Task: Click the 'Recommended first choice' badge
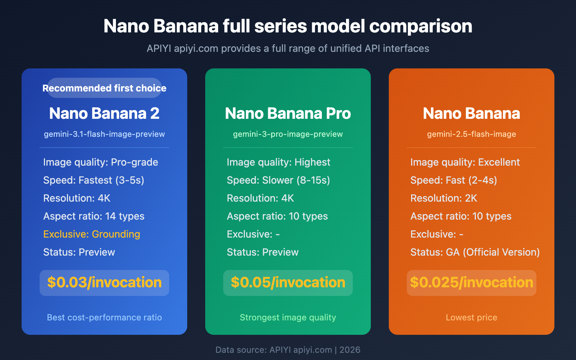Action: pos(104,88)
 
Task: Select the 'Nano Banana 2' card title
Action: pos(104,113)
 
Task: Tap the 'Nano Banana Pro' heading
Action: pos(288,113)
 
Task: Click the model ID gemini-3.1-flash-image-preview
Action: pos(104,134)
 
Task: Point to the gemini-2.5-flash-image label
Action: pos(472,134)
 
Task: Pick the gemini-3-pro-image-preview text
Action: pos(288,134)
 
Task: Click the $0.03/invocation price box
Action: pos(104,283)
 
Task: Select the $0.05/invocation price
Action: pos(288,283)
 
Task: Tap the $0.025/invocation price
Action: pos(472,283)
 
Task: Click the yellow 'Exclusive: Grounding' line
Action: pos(92,234)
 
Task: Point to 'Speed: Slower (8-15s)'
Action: pos(278,180)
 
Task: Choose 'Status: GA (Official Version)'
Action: pos(475,252)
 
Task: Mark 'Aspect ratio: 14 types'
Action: pos(94,216)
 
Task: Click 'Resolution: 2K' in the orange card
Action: pos(444,198)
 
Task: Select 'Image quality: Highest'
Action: pos(278,162)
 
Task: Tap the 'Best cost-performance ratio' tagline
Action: pos(104,318)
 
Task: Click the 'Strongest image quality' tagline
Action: pos(288,318)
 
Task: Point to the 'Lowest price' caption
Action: pos(472,318)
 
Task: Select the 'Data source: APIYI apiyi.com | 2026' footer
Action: pos(288,350)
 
